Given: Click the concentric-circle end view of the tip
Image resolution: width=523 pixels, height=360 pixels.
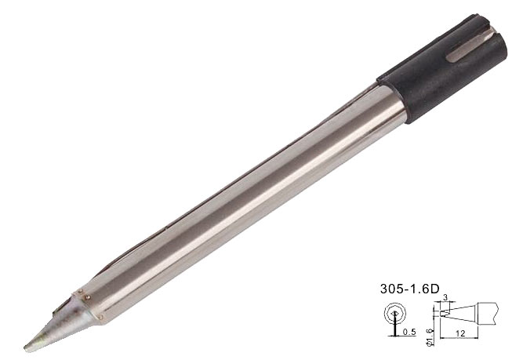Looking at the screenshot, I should point(394,314).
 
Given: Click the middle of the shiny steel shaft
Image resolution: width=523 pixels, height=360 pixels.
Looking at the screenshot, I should point(235,196).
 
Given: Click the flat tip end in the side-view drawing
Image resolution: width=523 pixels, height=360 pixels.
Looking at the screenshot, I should point(443,313).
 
